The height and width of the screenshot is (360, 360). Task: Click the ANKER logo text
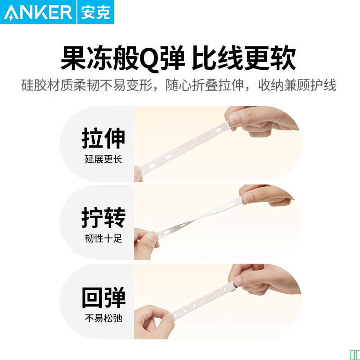[x=38, y=13]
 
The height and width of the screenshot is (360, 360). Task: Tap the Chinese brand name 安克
[x=95, y=13]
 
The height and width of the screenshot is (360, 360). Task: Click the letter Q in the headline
[x=149, y=59]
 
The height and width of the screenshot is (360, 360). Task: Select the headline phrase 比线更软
[x=244, y=58]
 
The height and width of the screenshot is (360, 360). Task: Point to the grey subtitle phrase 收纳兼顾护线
[x=297, y=85]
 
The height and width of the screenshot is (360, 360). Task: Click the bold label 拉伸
[x=103, y=138]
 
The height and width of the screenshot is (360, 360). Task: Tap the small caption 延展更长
[x=103, y=159]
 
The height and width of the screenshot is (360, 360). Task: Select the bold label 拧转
[x=103, y=217]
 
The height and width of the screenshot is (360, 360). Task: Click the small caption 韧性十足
[x=103, y=238]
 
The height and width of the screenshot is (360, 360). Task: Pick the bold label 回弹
[x=103, y=297]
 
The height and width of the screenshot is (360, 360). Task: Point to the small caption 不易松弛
[x=103, y=318]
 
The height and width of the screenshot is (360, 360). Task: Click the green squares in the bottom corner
[x=355, y=355]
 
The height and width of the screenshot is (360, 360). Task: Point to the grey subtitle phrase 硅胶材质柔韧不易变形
[x=87, y=85]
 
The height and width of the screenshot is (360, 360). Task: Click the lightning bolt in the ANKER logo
[x=11, y=17]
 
